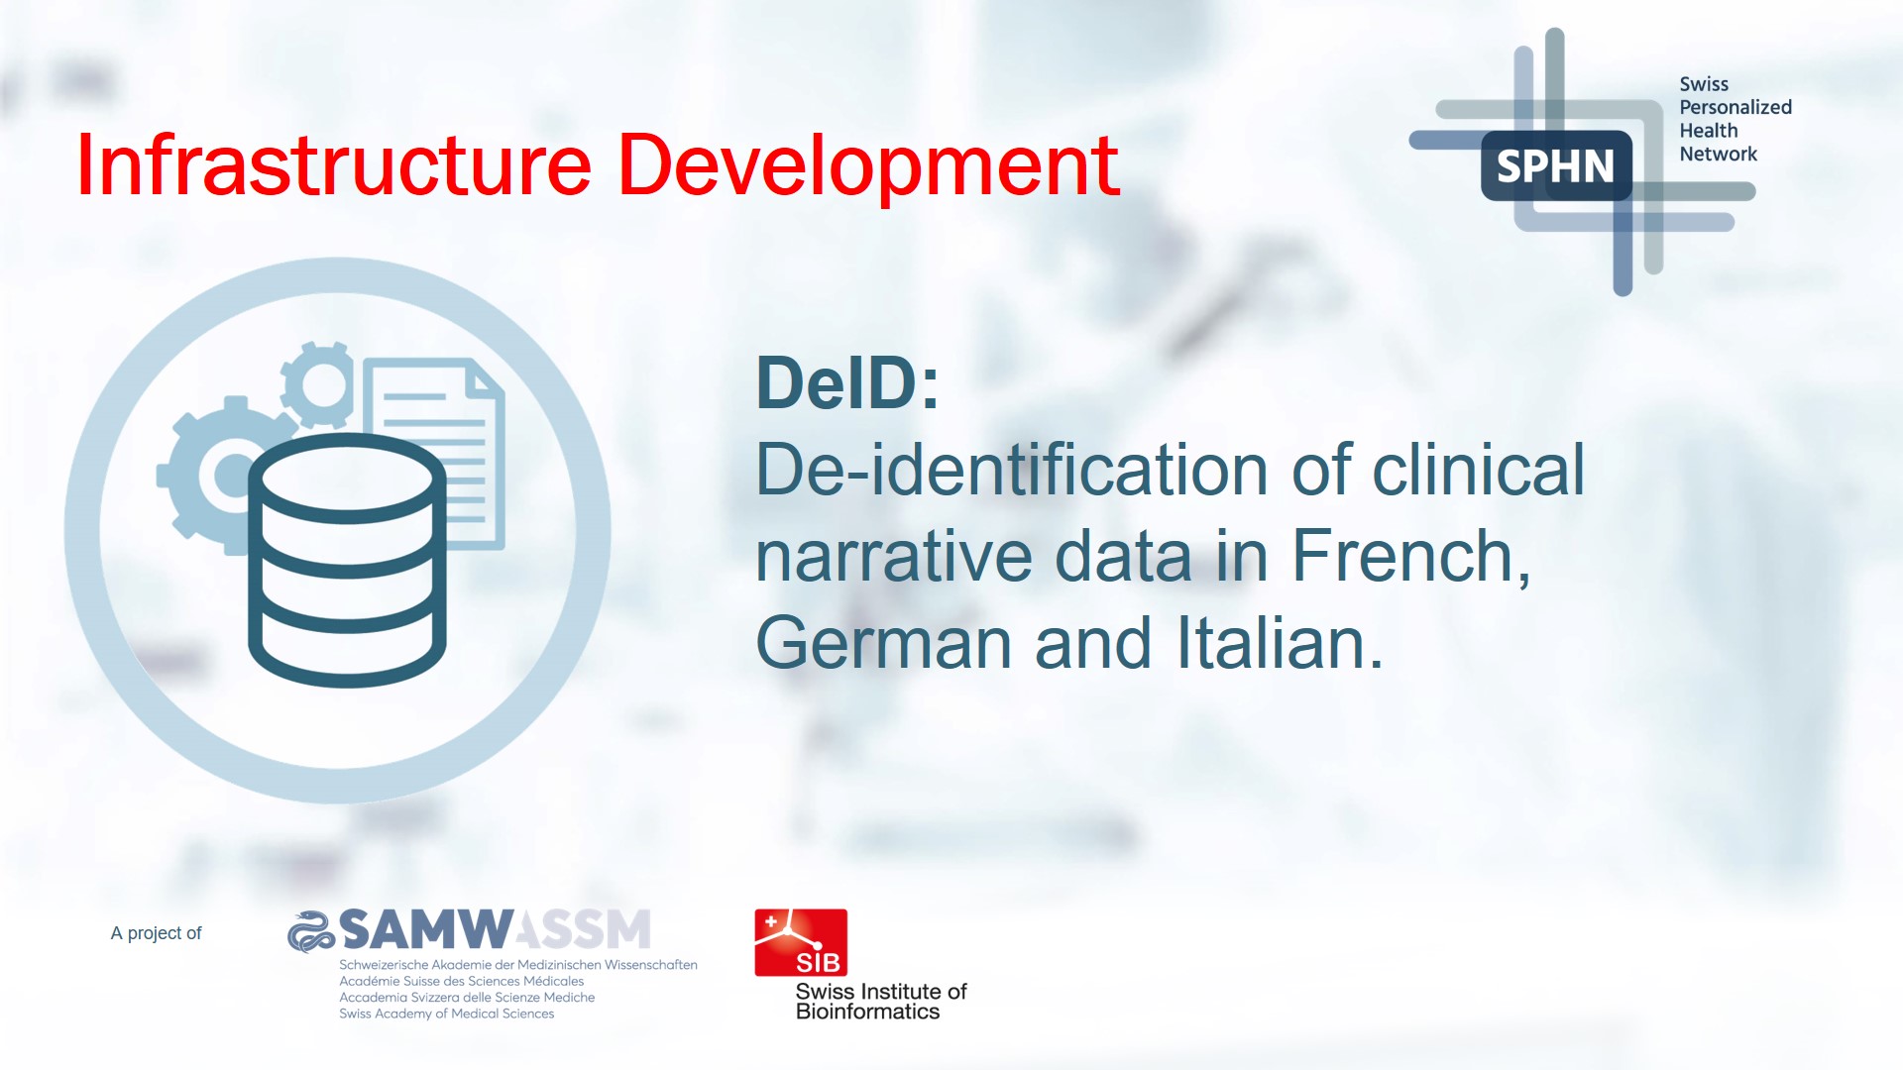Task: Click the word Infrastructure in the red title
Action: [334, 164]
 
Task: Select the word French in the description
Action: [1411, 556]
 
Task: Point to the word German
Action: [883, 643]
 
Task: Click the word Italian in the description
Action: [1280, 643]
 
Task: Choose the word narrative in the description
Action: [893, 556]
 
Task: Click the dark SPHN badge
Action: [1556, 165]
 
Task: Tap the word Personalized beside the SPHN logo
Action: [1735, 107]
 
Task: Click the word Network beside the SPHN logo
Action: [1718, 154]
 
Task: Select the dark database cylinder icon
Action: [347, 560]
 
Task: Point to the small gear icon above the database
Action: [318, 384]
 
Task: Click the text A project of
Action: [156, 933]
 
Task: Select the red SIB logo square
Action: [801, 942]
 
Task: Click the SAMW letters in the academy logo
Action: [426, 929]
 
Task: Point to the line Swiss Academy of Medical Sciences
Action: [447, 1014]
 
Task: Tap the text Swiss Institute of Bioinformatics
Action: [881, 1002]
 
